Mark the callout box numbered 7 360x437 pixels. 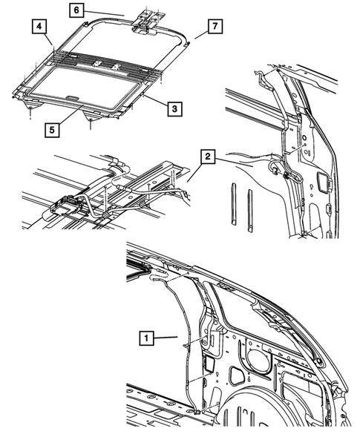coord(213,27)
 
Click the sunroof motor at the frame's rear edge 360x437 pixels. coord(147,20)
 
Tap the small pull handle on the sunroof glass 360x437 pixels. coord(72,96)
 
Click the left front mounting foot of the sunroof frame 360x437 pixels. coord(30,110)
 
